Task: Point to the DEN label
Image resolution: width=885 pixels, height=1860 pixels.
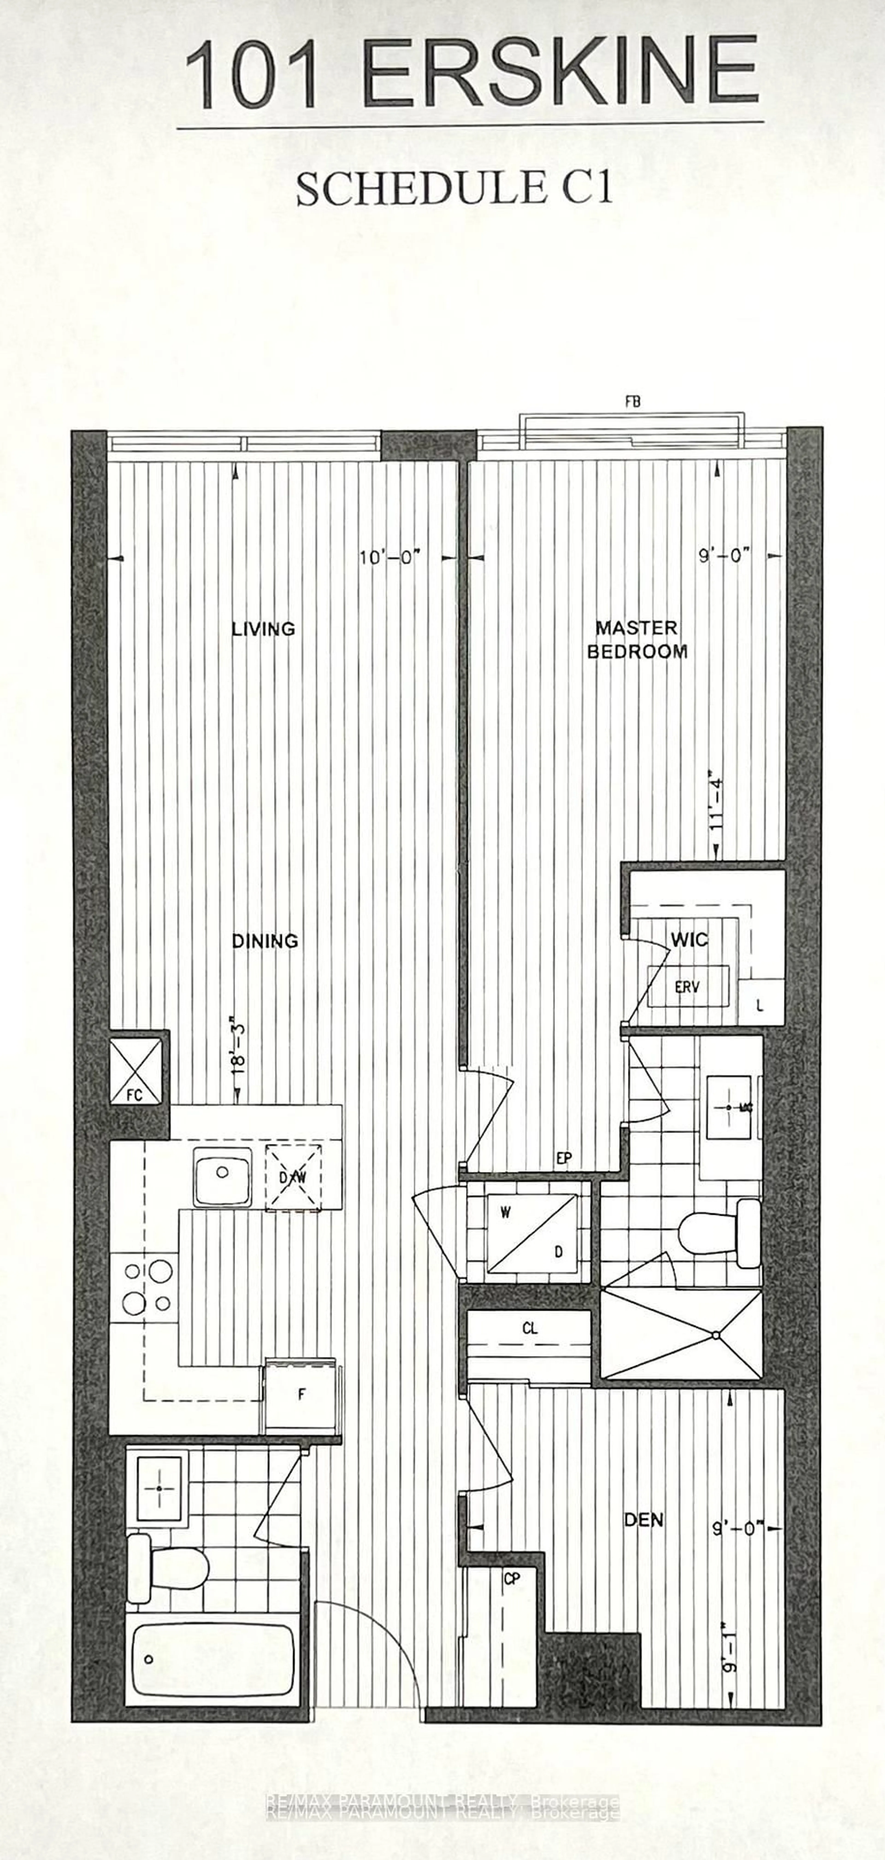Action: (643, 1520)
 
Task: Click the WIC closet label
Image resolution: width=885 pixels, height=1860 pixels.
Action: (688, 939)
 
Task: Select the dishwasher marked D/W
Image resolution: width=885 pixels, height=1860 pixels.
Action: (293, 1177)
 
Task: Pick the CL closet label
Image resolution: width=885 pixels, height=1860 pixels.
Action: (530, 1329)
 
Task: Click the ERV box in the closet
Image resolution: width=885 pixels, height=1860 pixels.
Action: (687, 986)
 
